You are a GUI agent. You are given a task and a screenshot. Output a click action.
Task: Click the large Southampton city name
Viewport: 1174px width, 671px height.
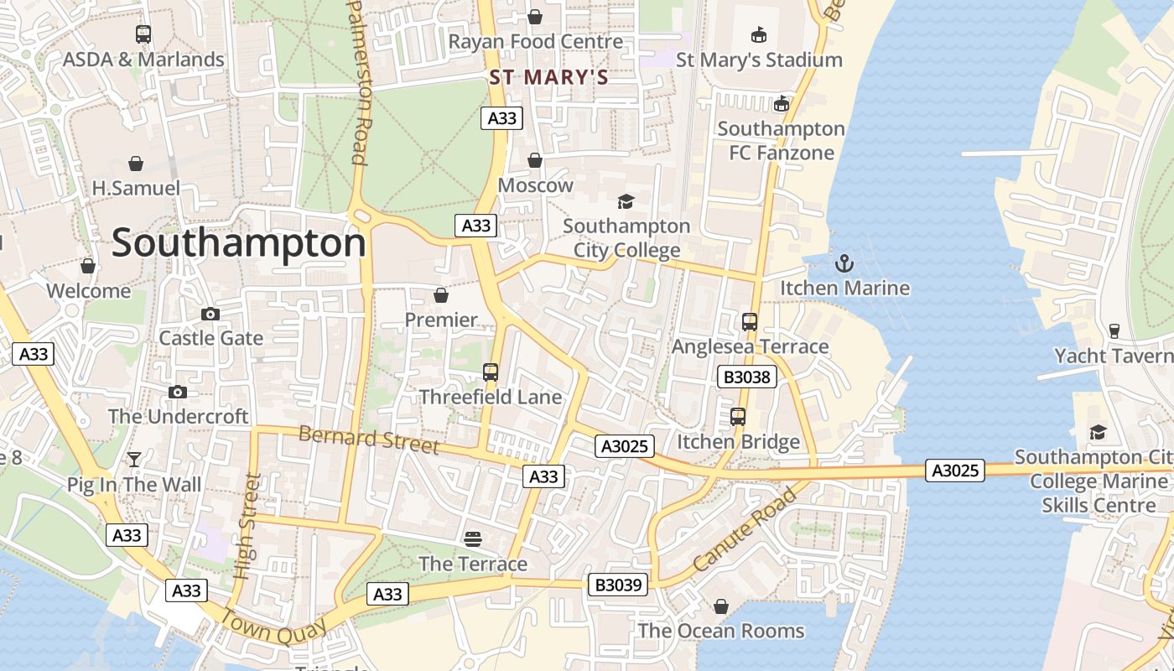point(239,243)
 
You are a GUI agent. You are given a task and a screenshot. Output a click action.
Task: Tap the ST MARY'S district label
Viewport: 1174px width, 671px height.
point(548,78)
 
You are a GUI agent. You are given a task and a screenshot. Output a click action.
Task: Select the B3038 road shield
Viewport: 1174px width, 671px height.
point(746,377)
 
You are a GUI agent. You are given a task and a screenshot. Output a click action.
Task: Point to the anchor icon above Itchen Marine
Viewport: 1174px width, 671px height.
point(844,264)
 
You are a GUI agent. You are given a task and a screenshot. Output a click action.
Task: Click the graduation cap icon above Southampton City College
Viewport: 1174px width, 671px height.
point(626,201)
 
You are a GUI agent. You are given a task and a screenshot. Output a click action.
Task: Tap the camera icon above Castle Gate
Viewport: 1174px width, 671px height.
point(210,315)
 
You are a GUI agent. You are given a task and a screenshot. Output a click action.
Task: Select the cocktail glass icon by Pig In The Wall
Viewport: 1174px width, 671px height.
point(133,459)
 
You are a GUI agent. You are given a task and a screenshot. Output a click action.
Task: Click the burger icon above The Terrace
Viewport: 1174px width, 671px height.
point(473,538)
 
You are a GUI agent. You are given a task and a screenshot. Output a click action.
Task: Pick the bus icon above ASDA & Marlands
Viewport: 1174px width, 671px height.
point(143,34)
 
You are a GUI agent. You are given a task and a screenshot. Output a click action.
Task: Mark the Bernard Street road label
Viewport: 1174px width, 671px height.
point(369,439)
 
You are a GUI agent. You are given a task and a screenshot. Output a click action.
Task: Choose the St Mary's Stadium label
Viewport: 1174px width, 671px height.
point(759,60)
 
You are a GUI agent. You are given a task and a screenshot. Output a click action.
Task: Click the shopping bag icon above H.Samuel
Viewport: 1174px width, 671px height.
point(136,163)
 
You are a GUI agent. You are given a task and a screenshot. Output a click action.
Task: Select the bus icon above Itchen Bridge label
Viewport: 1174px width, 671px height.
point(738,417)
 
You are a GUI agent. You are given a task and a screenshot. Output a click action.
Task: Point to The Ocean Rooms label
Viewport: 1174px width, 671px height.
point(721,631)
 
